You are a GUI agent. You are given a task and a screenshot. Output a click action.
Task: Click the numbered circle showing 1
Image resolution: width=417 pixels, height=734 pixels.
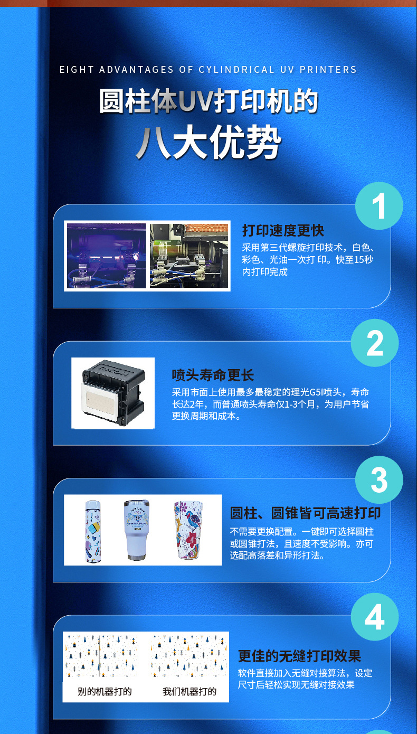click(378, 206)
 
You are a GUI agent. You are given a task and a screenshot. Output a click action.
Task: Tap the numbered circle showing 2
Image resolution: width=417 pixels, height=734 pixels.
click(374, 343)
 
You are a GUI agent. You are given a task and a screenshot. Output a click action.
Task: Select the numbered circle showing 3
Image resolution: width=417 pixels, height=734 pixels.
click(378, 480)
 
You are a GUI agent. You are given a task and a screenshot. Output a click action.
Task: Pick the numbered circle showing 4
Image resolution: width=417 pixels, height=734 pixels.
click(374, 617)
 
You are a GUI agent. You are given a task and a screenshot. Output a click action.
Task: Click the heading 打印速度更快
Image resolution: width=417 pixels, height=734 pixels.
click(283, 230)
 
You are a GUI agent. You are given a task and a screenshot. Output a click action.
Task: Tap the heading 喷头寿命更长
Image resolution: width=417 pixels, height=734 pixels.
click(213, 375)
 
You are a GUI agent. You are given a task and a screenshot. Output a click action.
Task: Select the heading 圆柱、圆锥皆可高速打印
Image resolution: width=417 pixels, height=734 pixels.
click(305, 513)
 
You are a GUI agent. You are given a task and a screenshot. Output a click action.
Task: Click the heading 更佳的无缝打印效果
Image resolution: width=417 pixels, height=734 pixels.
click(299, 656)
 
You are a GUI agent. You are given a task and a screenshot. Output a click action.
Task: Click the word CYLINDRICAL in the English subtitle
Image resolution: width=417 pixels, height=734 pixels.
click(236, 70)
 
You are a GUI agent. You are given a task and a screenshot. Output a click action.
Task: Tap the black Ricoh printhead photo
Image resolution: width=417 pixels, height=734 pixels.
click(113, 392)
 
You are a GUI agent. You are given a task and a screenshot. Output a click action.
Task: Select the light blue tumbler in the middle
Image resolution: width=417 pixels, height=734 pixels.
click(136, 530)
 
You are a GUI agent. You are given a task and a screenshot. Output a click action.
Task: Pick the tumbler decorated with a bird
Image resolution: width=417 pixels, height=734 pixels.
click(188, 530)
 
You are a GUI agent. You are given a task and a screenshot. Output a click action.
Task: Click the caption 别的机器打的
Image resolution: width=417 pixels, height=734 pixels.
click(105, 691)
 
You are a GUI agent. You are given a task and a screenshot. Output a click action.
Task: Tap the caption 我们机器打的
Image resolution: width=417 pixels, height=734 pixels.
click(189, 691)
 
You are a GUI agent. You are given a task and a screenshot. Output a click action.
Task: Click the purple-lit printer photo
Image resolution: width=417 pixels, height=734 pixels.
click(106, 256)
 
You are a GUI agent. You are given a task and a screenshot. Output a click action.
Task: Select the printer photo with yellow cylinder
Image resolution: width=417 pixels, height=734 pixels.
click(189, 256)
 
